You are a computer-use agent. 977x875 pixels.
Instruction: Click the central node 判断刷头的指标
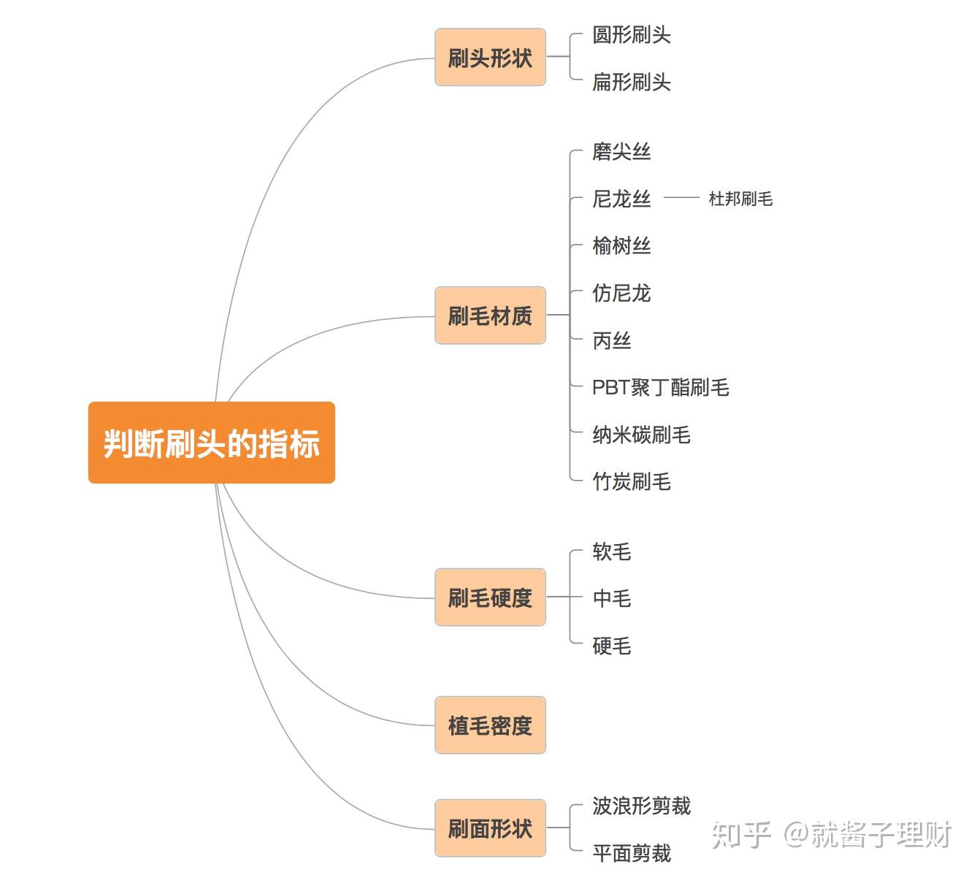tap(211, 443)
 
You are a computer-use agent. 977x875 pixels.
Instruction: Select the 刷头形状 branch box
tap(490, 58)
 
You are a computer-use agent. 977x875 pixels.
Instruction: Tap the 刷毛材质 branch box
tap(490, 316)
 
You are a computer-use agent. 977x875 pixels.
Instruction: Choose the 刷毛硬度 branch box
tap(490, 597)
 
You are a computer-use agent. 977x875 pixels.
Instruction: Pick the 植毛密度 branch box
tap(490, 725)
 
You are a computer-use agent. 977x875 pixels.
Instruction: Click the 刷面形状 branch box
tap(490, 828)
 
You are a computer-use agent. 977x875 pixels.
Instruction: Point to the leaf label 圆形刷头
tap(631, 35)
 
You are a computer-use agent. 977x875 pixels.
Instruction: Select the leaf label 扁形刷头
tap(631, 82)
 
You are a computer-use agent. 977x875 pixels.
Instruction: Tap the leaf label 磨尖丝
tap(621, 152)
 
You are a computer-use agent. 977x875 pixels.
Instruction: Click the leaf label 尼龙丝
tap(621, 199)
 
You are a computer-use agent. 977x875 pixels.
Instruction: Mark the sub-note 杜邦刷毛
tap(740, 199)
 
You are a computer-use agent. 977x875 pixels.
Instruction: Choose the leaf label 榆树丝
tap(621, 246)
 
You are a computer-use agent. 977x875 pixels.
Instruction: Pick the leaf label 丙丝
tap(612, 340)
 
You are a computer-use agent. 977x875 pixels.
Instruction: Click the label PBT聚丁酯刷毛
tap(660, 387)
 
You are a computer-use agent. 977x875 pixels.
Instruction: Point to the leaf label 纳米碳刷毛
tap(641, 435)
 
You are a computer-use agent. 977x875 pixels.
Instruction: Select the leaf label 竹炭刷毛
tap(631, 482)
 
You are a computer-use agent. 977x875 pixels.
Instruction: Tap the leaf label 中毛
tap(612, 598)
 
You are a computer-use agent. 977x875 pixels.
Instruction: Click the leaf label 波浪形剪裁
tap(641, 806)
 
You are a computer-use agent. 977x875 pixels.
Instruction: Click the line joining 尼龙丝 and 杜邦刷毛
tap(681, 198)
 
